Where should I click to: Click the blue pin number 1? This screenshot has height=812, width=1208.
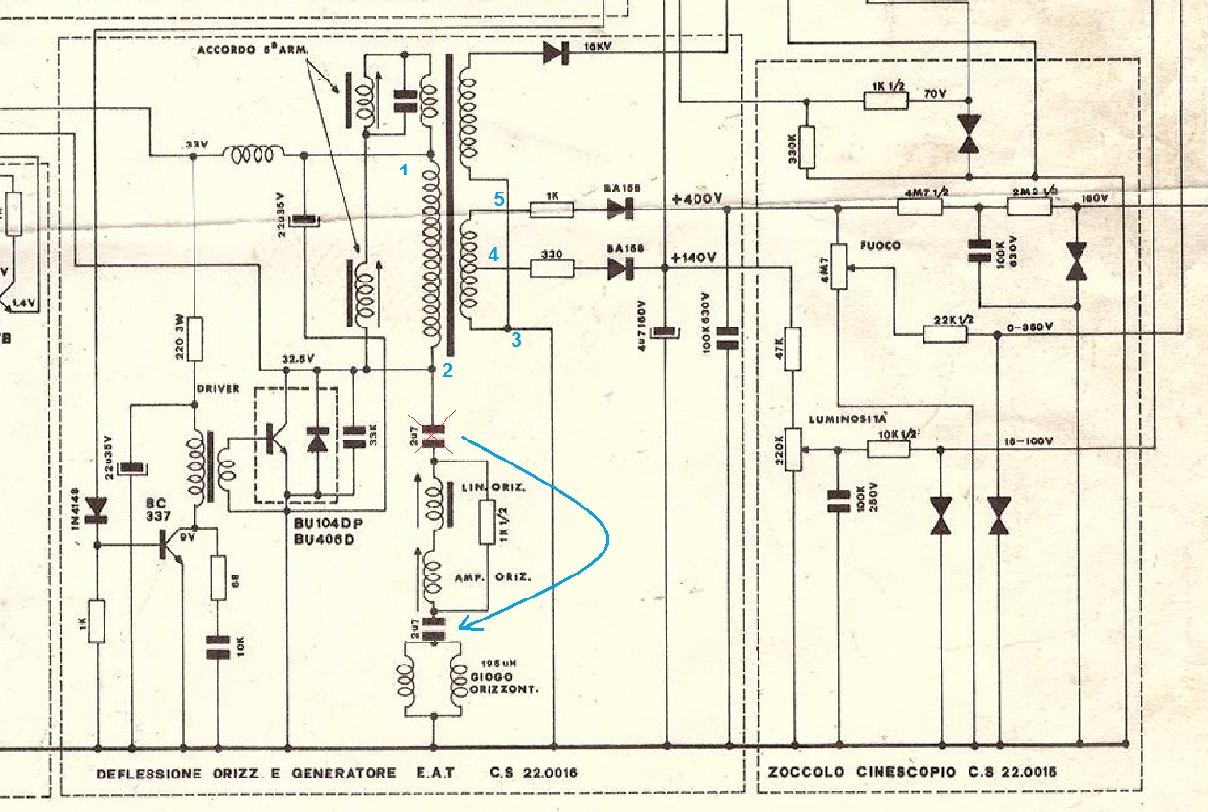(405, 170)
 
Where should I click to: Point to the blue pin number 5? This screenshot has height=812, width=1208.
(498, 198)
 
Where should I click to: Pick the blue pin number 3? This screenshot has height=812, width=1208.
(516, 339)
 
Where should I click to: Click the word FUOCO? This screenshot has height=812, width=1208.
(879, 246)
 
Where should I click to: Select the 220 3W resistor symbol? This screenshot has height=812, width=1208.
(194, 337)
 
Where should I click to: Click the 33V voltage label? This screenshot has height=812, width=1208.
(195, 145)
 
